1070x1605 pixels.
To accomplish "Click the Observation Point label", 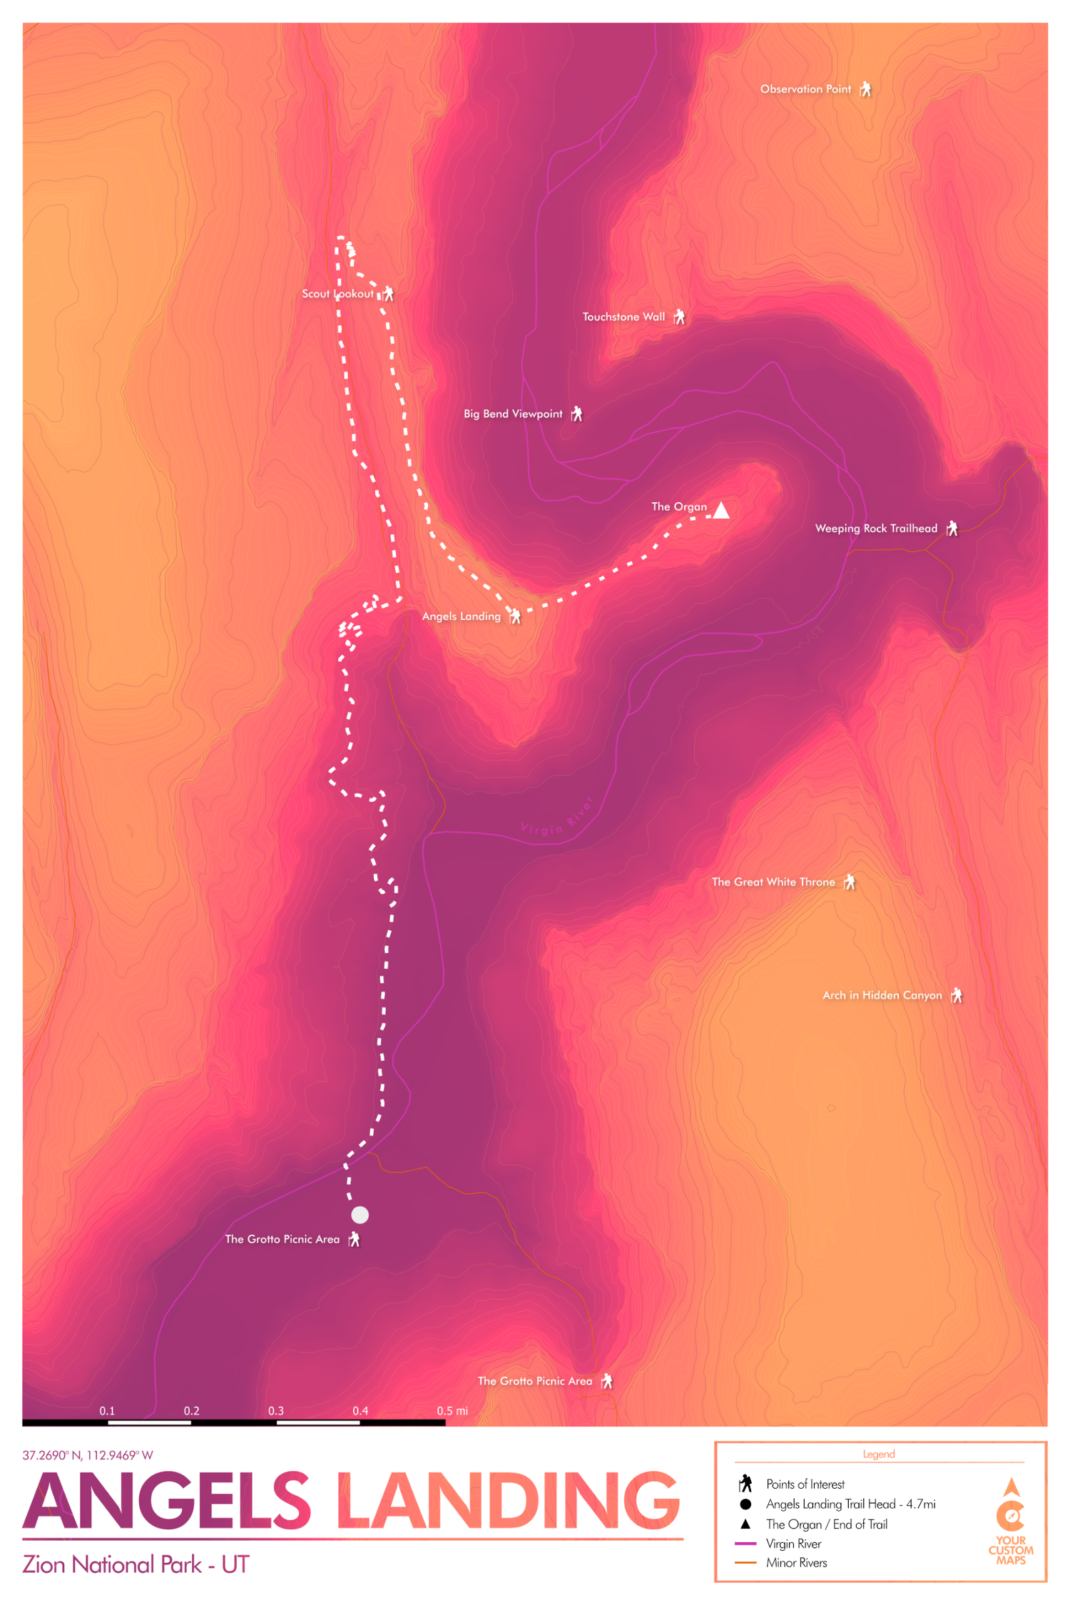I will click(x=805, y=89).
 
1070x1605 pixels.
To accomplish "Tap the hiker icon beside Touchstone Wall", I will click(x=679, y=317).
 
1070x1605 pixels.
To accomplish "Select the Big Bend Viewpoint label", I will click(x=513, y=414).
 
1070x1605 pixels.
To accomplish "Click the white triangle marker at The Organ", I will click(x=721, y=511).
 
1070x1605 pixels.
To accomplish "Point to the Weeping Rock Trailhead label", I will click(x=876, y=529).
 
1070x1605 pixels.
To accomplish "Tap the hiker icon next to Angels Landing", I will click(x=515, y=616).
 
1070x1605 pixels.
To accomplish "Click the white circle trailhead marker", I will click(x=360, y=1214).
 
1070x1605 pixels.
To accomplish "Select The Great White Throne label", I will click(x=773, y=882).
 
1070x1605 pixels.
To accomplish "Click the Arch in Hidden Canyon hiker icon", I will click(x=957, y=995).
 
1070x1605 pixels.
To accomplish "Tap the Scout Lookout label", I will click(x=337, y=294).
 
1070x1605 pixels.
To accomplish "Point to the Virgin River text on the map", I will click(x=557, y=820).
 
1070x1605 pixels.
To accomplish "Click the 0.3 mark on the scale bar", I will click(x=276, y=1410).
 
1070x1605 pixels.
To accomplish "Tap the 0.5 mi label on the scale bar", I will click(x=452, y=1410).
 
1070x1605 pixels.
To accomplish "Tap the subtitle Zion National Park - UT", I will click(x=136, y=1565).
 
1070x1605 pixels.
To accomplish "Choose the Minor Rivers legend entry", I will click(x=796, y=1562).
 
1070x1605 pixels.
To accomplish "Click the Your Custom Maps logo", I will click(x=1011, y=1522).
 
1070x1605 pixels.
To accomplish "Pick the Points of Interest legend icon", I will click(x=745, y=1484).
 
